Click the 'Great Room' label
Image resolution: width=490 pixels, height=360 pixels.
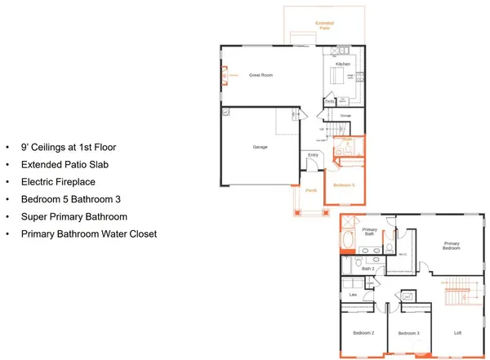261,74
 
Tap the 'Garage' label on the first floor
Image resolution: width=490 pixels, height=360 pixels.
261,147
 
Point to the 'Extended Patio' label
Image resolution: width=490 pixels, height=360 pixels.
325,26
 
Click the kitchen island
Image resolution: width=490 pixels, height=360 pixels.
337,78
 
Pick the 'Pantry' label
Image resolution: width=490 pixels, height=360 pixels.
329,101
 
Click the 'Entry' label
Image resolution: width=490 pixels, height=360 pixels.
313,154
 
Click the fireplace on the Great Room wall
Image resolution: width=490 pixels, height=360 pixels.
223,76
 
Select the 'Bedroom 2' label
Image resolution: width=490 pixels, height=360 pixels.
363,333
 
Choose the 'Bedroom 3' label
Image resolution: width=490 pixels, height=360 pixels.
408,333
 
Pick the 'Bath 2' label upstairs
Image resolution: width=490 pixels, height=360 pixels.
368,268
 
